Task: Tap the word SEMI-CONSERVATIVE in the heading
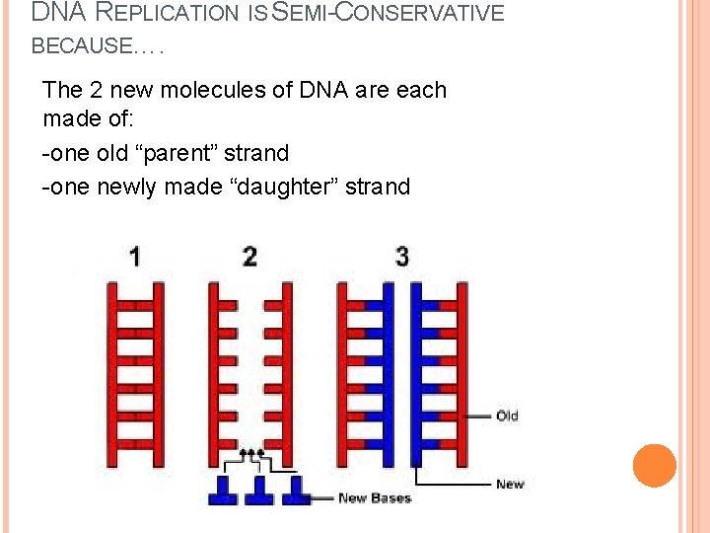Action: pyautogui.click(x=393, y=14)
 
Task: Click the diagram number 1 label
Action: pyautogui.click(x=134, y=257)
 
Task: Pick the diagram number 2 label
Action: pyautogui.click(x=249, y=257)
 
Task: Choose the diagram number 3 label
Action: pyautogui.click(x=401, y=257)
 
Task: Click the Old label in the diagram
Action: pyautogui.click(x=507, y=416)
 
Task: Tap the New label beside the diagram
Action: pyautogui.click(x=510, y=484)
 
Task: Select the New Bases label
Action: pyautogui.click(x=374, y=497)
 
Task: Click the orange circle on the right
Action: pyautogui.click(x=655, y=466)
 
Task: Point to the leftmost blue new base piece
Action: pyautogui.click(x=223, y=491)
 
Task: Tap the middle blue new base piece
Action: pyautogui.click(x=259, y=491)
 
